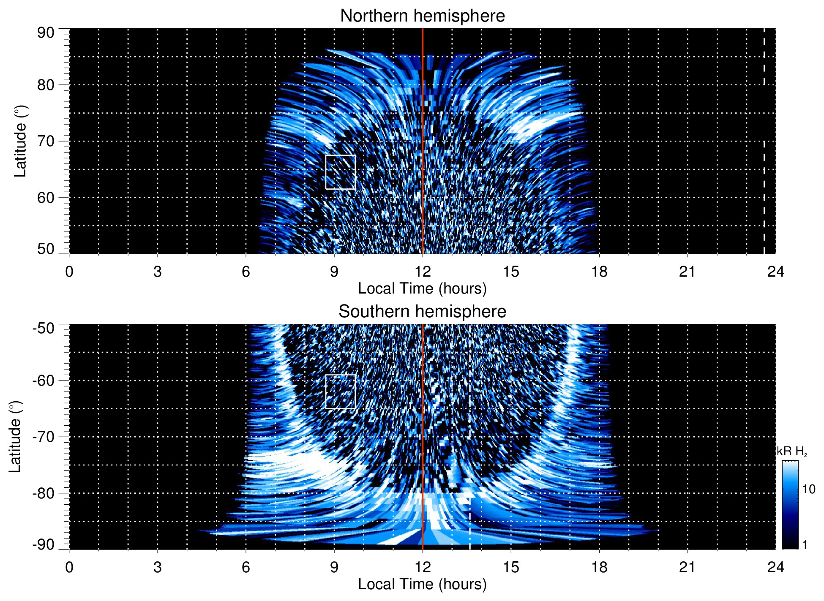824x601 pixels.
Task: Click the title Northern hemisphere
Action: coord(422,16)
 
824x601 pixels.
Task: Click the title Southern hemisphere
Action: coord(422,312)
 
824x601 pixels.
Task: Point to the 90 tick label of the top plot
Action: coord(46,33)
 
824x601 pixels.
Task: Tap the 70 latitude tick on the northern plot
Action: coord(46,141)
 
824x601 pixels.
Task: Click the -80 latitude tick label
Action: coord(44,493)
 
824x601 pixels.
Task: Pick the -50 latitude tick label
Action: coord(44,328)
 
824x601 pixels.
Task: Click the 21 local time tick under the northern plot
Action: coord(687,272)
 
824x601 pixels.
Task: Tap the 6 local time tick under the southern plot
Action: coord(246,567)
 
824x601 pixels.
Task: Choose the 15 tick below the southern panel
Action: coord(511,567)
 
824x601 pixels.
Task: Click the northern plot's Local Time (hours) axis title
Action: coord(422,288)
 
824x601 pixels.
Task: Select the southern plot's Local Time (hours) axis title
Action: coord(422,584)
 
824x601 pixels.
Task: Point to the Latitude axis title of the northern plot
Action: coord(20,141)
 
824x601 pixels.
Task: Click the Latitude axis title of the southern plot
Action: coord(15,437)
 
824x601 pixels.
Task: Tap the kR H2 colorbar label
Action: coord(792,451)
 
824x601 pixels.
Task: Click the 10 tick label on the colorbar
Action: coord(808,489)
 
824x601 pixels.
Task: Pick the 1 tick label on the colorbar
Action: coord(805,545)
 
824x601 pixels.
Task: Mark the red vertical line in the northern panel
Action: coord(423,127)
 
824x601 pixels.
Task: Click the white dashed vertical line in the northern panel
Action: coord(764,127)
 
